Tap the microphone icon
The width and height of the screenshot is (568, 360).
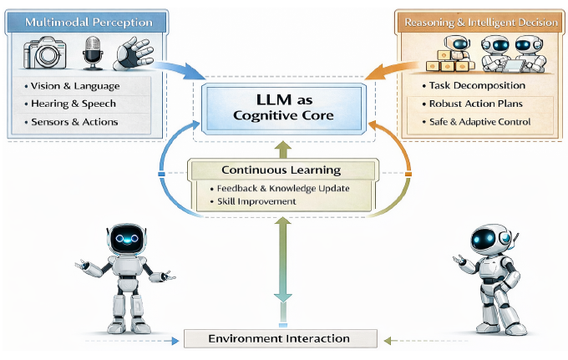coord(92,53)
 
